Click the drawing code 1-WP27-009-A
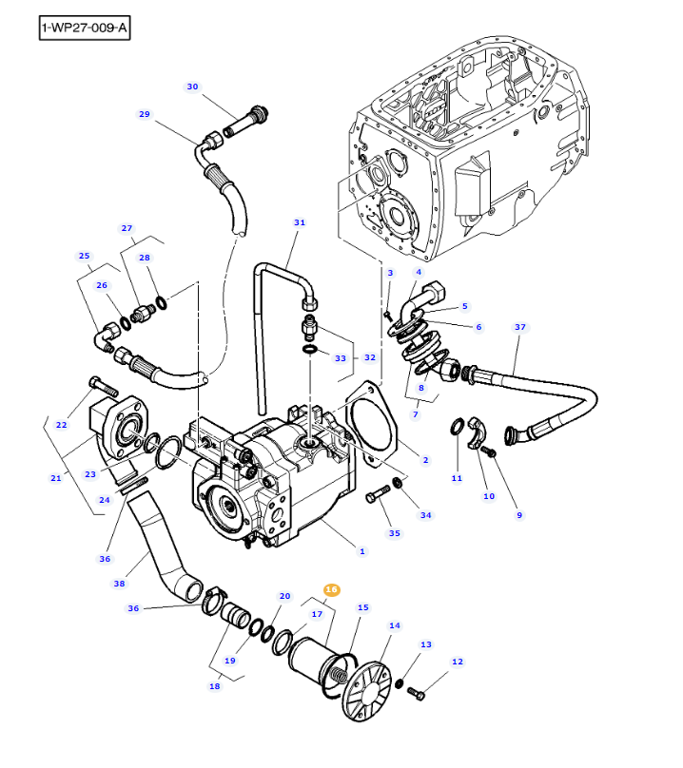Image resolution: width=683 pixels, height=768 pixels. [85, 29]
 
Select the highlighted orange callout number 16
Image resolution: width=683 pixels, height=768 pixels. [331, 590]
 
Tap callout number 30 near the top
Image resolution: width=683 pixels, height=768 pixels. [192, 86]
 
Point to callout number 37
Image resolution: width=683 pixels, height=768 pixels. [519, 327]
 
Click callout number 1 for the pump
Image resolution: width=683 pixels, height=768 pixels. [361, 551]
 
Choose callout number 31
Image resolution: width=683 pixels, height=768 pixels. [300, 222]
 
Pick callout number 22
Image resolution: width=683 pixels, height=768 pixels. [62, 424]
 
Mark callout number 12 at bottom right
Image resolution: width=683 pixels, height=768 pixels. [458, 662]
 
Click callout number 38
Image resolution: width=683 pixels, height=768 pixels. [119, 584]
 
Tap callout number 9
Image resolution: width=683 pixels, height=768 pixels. [519, 515]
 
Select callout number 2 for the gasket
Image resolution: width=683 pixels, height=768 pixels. [425, 460]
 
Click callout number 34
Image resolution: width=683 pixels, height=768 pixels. [425, 515]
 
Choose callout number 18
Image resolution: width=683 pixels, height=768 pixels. [214, 685]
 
